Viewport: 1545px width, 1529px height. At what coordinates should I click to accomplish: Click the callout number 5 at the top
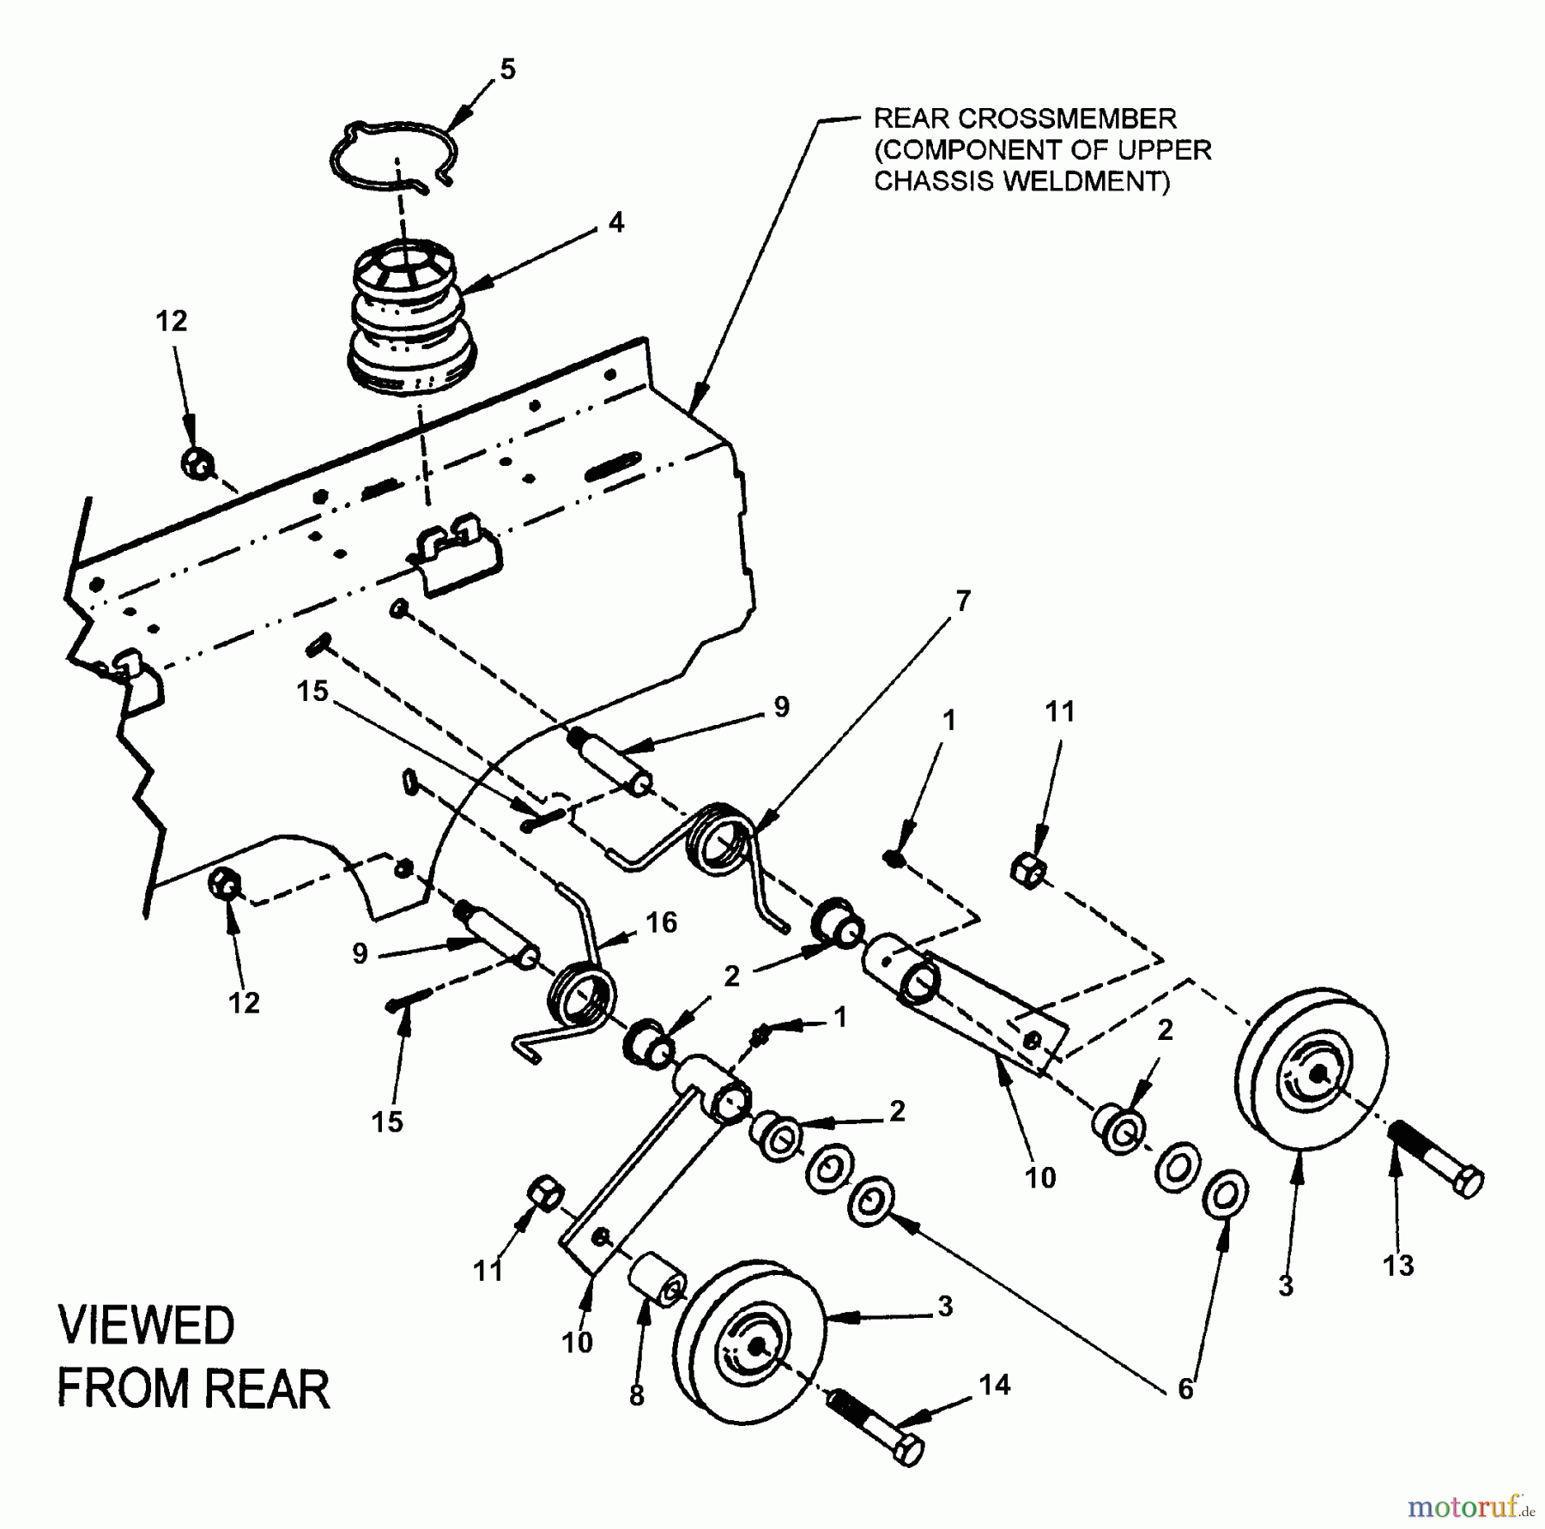pos(507,69)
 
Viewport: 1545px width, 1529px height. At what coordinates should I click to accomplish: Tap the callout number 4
pos(615,223)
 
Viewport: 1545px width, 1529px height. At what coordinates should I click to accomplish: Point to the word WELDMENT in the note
pos(1096,182)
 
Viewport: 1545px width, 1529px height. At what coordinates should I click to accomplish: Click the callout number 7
pos(962,601)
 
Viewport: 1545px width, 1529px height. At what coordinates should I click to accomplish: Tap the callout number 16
pos(661,922)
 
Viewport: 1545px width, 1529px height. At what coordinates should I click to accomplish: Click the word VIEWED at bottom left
pos(147,1326)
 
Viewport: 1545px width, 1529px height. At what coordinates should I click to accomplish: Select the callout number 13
pos(1398,1265)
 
